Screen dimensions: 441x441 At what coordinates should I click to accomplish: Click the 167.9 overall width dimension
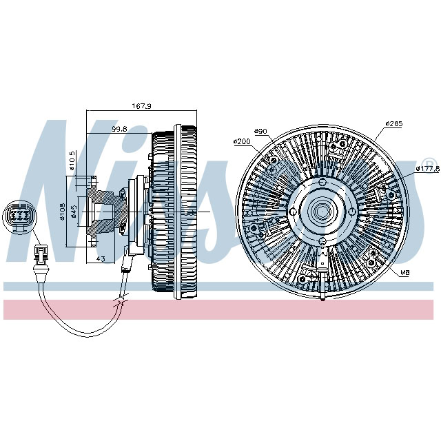[x=141, y=106]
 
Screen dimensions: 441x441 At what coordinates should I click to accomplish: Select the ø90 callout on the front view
[x=260, y=131]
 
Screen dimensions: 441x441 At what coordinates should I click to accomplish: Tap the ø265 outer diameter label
[x=393, y=125]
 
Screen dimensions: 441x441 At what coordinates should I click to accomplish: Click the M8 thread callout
[x=405, y=274]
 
